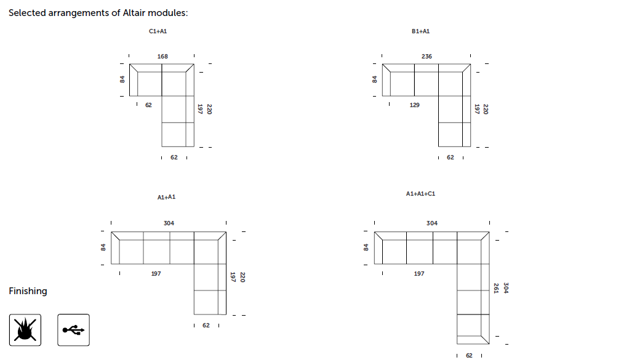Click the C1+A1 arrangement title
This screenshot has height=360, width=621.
click(x=158, y=31)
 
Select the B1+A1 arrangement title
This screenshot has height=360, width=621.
click(x=420, y=31)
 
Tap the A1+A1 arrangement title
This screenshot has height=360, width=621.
click(x=166, y=197)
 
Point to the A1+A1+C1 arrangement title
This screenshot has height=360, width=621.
click(x=420, y=194)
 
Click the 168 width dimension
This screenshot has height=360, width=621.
click(x=162, y=57)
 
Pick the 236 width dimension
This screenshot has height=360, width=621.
click(x=427, y=57)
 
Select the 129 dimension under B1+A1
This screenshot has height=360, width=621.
click(x=414, y=105)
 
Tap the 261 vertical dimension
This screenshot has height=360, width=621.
click(x=496, y=288)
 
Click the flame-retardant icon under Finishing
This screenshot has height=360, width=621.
click(x=25, y=330)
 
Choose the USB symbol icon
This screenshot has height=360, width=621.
click(x=73, y=330)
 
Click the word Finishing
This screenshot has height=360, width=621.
click(x=28, y=292)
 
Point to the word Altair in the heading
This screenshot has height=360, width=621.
click(x=134, y=13)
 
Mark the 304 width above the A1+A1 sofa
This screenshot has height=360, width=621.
click(x=169, y=223)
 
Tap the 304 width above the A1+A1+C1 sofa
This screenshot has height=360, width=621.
click(x=431, y=223)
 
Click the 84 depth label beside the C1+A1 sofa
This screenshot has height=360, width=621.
click(x=122, y=79)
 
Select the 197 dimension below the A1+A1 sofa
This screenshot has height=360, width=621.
click(x=156, y=274)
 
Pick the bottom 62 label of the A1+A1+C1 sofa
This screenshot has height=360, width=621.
click(x=469, y=356)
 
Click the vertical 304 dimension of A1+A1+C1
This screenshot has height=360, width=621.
click(x=506, y=288)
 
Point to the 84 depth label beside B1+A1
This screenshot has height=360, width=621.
click(x=374, y=79)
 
